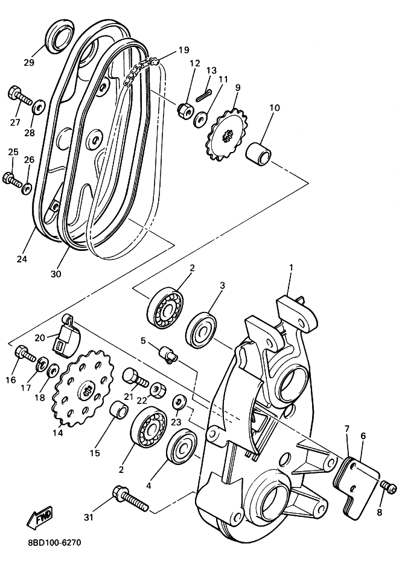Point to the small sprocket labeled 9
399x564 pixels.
pyautogui.click(x=227, y=135)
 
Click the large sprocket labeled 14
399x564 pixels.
pyautogui.click(x=83, y=390)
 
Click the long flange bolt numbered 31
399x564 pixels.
pyautogui.click(x=130, y=498)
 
